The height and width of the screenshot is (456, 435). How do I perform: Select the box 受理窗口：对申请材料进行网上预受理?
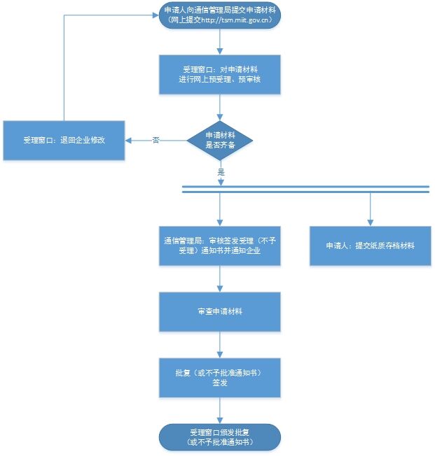(x=220, y=75)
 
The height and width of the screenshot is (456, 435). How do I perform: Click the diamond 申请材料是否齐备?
(x=220, y=140)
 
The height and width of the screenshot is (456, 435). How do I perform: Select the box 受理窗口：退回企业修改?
(x=64, y=141)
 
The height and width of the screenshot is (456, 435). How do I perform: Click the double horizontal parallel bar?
(x=305, y=188)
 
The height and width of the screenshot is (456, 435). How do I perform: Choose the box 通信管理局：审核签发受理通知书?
(x=220, y=245)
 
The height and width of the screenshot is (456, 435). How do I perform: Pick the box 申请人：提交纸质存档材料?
(x=370, y=245)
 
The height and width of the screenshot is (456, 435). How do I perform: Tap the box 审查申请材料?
(x=220, y=311)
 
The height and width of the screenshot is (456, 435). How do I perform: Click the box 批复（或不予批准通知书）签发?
(x=220, y=378)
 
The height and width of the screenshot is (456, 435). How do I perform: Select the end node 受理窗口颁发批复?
(x=220, y=438)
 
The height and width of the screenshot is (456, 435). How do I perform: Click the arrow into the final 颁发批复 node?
(x=220, y=411)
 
